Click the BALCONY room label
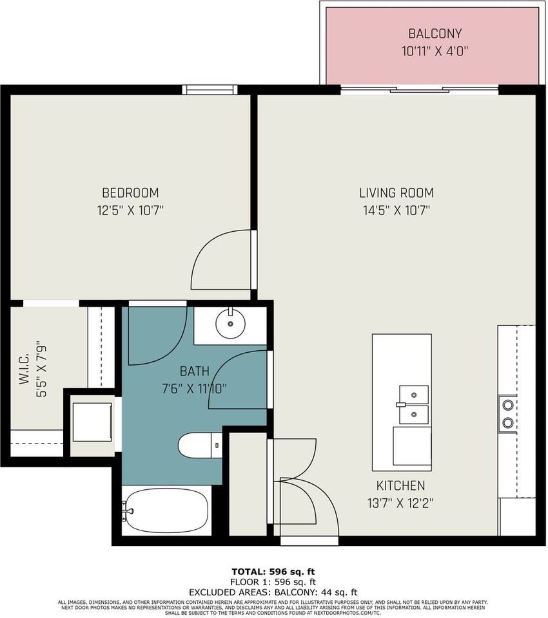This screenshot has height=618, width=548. click(x=435, y=33)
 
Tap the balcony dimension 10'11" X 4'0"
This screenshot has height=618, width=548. click(x=435, y=51)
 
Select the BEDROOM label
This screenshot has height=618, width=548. click(x=130, y=192)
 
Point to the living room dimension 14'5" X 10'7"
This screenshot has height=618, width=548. click(x=396, y=211)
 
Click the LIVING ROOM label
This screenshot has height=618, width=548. click(x=396, y=192)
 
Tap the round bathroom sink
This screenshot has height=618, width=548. click(x=230, y=323)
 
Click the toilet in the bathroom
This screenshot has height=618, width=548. click(x=200, y=445)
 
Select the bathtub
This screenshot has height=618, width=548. click(x=166, y=510)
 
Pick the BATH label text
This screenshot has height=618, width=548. click(x=194, y=371)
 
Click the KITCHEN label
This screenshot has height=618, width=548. click(x=401, y=485)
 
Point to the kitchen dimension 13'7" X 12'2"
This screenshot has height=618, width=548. click(x=401, y=503)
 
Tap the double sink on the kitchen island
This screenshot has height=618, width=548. click(x=413, y=405)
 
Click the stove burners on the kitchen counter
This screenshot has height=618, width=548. click(x=508, y=414)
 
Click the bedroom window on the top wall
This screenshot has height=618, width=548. click(x=210, y=89)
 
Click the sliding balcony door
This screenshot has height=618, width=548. click(x=420, y=90)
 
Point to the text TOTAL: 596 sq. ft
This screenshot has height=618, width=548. click(x=273, y=572)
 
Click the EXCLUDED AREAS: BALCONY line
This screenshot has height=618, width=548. click(x=273, y=592)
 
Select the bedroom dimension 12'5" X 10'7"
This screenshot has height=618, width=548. click(x=130, y=211)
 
